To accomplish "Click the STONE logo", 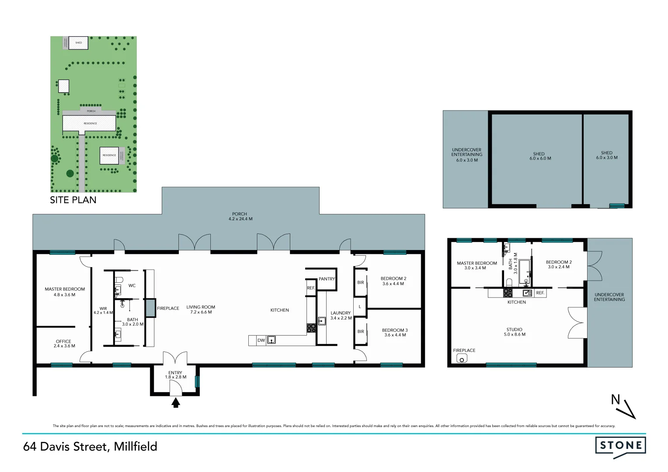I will [620, 446].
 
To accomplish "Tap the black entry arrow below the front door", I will [176, 403].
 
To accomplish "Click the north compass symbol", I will [623, 406].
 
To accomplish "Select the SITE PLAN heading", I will [73, 200].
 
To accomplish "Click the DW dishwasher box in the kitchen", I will [261, 340].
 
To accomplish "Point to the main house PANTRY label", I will [327, 279].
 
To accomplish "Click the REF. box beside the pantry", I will [311, 288].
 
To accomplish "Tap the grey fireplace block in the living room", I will [150, 308].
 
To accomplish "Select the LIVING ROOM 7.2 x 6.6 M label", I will [201, 309].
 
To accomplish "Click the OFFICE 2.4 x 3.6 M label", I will [64, 344].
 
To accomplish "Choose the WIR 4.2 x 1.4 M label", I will [103, 310].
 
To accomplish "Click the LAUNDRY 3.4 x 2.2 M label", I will [341, 315].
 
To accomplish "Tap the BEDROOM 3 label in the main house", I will [395, 332].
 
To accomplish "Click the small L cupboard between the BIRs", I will [360, 307].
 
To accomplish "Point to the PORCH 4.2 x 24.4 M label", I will [240, 216].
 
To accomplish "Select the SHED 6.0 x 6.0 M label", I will [539, 156].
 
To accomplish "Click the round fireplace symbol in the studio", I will [461, 359].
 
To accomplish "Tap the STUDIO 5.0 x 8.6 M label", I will [515, 332].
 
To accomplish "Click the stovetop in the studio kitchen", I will [508, 293].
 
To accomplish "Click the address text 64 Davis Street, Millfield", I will [90, 447].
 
